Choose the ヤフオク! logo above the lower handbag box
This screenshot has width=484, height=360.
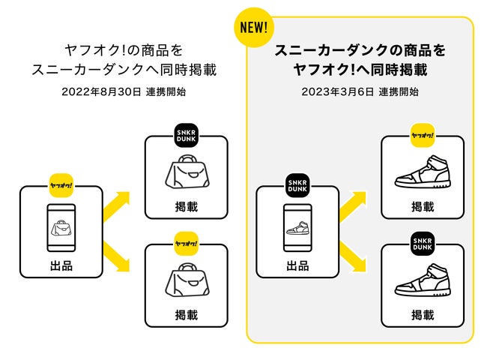tap(186, 244)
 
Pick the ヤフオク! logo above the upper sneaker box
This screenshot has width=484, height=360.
tap(423, 136)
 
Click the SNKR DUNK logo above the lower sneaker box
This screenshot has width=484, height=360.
tap(423, 244)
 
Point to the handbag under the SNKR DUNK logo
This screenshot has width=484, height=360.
tap(186, 173)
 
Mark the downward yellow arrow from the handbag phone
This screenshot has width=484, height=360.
tap(117, 251)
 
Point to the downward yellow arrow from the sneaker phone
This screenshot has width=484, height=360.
tap(353, 251)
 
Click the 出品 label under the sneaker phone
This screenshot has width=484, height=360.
tap(297, 265)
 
